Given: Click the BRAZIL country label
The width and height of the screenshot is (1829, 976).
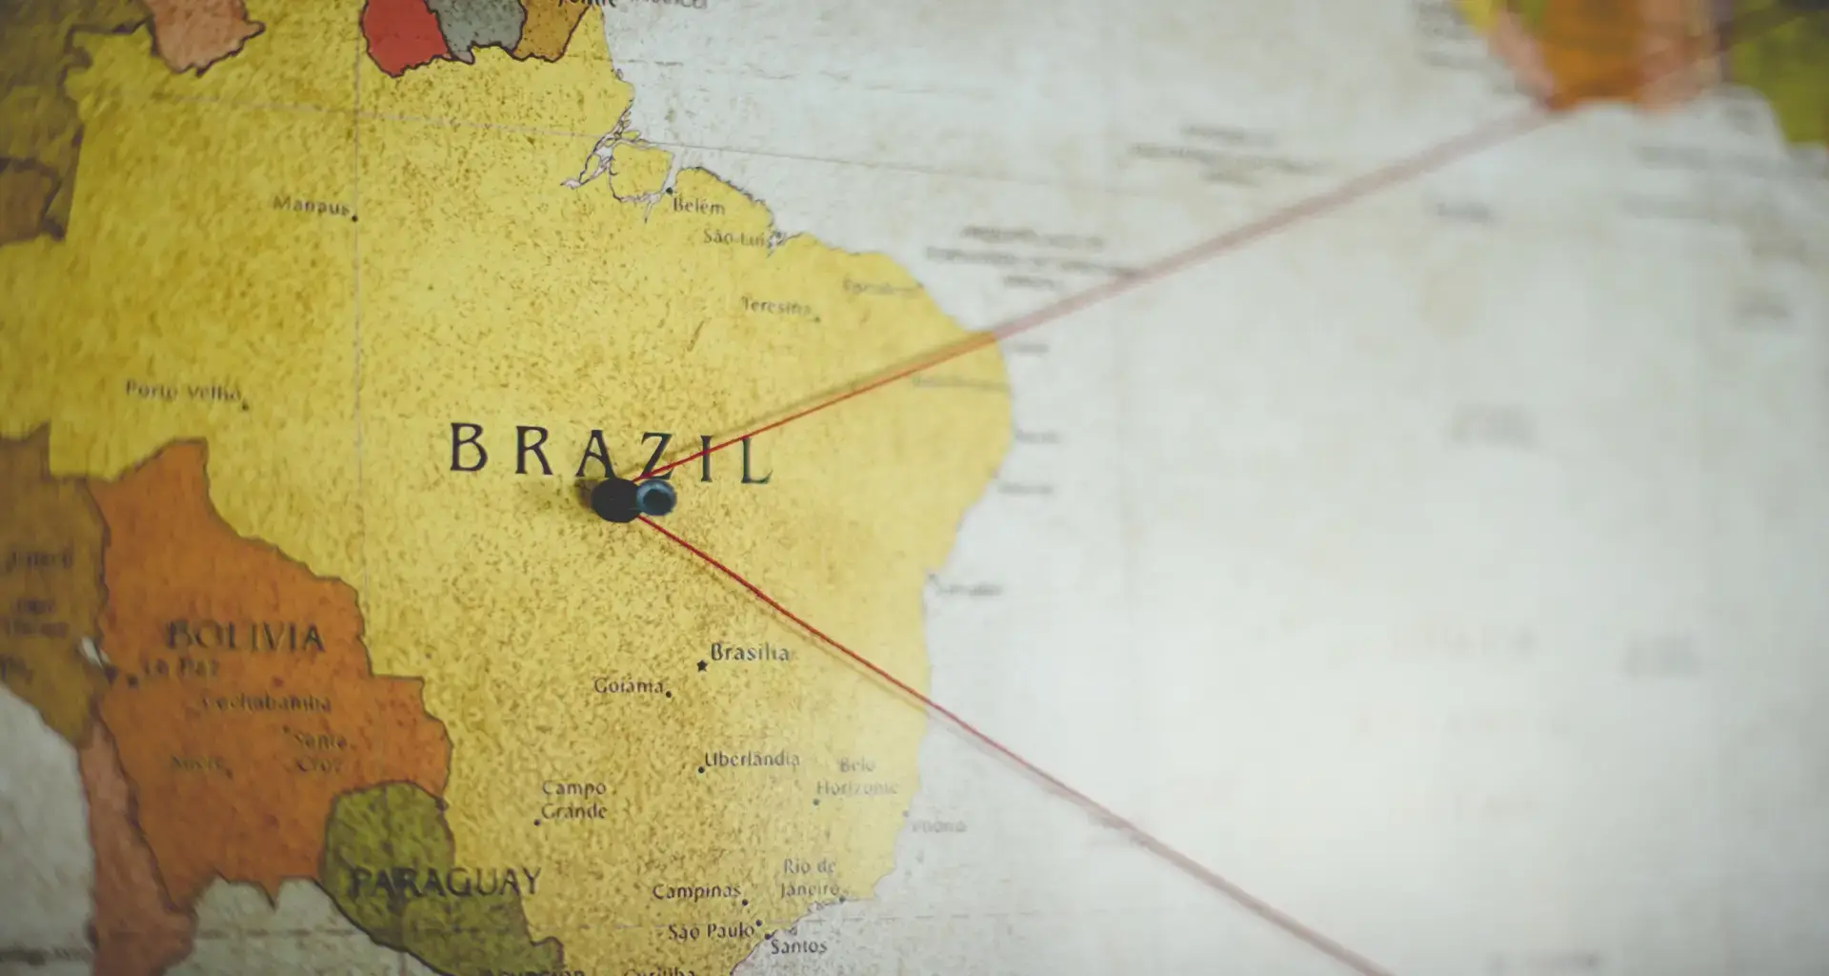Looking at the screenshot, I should pyautogui.click(x=610, y=452).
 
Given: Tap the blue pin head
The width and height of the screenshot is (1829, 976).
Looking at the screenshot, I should pyautogui.click(x=656, y=497).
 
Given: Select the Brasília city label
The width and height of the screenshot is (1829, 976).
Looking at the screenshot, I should pyautogui.click(x=750, y=653).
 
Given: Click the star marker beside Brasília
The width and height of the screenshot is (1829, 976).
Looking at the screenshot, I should pyautogui.click(x=702, y=665).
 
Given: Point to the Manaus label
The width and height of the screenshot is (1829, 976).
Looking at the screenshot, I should pyautogui.click(x=311, y=205).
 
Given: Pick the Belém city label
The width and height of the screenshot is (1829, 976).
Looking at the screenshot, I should pyautogui.click(x=698, y=206).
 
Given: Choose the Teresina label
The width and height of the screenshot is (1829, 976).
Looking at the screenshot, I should pyautogui.click(x=775, y=307).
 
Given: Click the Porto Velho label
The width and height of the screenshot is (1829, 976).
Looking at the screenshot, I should pyautogui.click(x=182, y=390).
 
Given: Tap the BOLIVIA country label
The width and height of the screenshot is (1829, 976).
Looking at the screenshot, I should pyautogui.click(x=245, y=637).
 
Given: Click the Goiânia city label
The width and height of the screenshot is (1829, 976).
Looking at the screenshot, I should pyautogui.click(x=629, y=685).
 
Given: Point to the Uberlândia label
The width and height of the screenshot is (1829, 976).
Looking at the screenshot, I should pyautogui.click(x=752, y=760).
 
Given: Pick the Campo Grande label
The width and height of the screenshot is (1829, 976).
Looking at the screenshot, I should pyautogui.click(x=573, y=800).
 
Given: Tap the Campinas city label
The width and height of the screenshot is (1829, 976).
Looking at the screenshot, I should pyautogui.click(x=695, y=892).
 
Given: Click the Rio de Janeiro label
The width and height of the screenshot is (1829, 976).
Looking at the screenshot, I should pyautogui.click(x=810, y=878).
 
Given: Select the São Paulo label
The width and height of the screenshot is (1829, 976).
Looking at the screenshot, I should pyautogui.click(x=710, y=931).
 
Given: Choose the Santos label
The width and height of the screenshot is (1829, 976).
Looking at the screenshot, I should pyautogui.click(x=798, y=945).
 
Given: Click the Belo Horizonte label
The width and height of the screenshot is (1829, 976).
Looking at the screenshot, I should pyautogui.click(x=856, y=776).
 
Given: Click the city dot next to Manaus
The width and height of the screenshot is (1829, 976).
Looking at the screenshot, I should pyautogui.click(x=355, y=218).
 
